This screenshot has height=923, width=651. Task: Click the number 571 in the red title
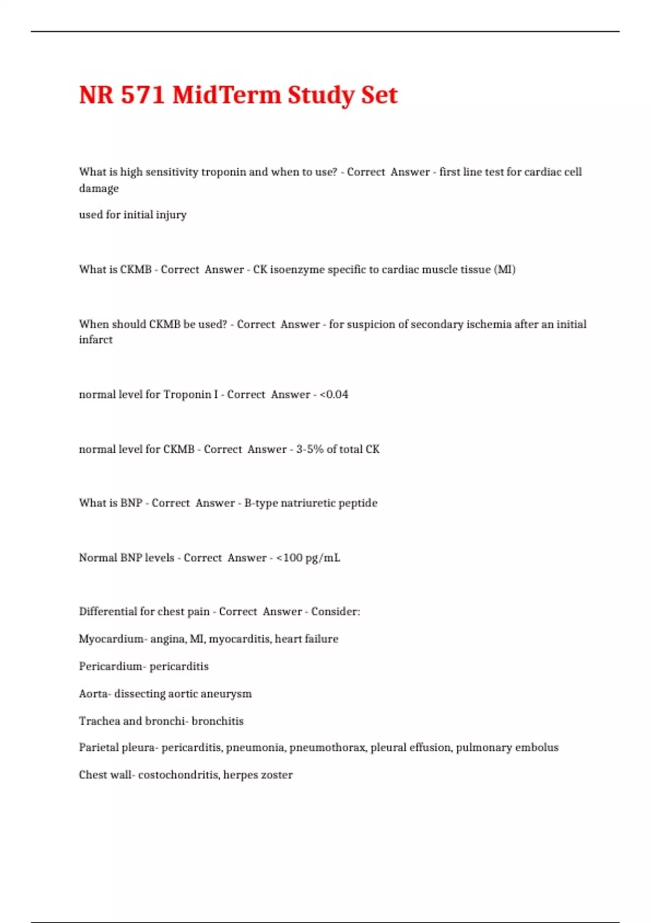143,95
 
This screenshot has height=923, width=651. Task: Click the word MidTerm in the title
227,95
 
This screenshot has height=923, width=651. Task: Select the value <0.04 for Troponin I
334,395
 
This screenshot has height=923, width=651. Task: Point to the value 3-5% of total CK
337,450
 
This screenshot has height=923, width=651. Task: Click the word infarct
95,340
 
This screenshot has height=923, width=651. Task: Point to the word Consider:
335,612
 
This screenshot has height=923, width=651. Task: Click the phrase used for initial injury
132,215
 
